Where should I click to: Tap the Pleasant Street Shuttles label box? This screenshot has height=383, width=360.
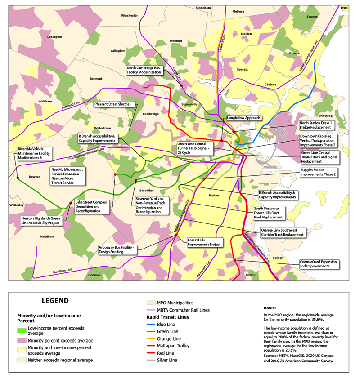(112, 104)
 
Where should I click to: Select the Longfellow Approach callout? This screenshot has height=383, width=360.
(243, 118)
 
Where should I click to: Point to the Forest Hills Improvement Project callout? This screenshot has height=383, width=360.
(205, 243)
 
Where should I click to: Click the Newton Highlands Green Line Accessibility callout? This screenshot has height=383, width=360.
(40, 220)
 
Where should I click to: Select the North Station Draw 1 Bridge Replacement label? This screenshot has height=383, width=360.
(318, 125)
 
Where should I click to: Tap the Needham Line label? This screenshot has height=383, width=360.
(63, 269)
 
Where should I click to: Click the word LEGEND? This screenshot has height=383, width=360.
(55, 301)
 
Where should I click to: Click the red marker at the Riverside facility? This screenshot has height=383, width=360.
(18, 178)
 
